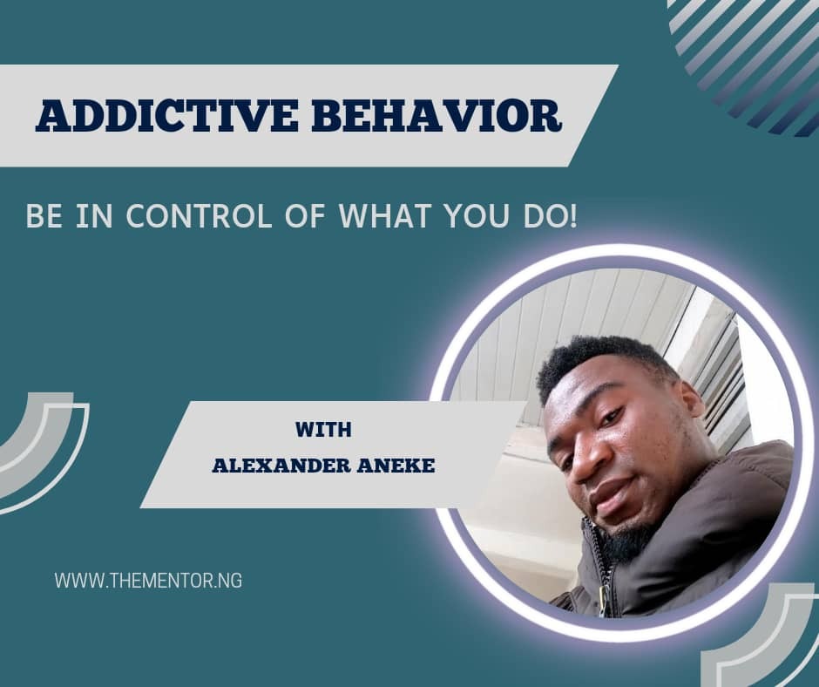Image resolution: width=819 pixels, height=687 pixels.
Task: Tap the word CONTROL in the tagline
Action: [199, 215]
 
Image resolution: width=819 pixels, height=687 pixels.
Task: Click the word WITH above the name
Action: [323, 429]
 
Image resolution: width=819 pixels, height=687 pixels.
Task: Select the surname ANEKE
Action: [396, 465]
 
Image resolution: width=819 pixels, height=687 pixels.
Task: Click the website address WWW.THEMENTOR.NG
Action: [148, 581]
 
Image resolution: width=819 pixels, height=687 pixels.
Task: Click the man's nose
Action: [587, 460]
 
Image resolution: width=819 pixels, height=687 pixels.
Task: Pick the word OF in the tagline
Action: [306, 215]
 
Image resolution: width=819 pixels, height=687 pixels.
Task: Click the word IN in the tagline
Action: [94, 215]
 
